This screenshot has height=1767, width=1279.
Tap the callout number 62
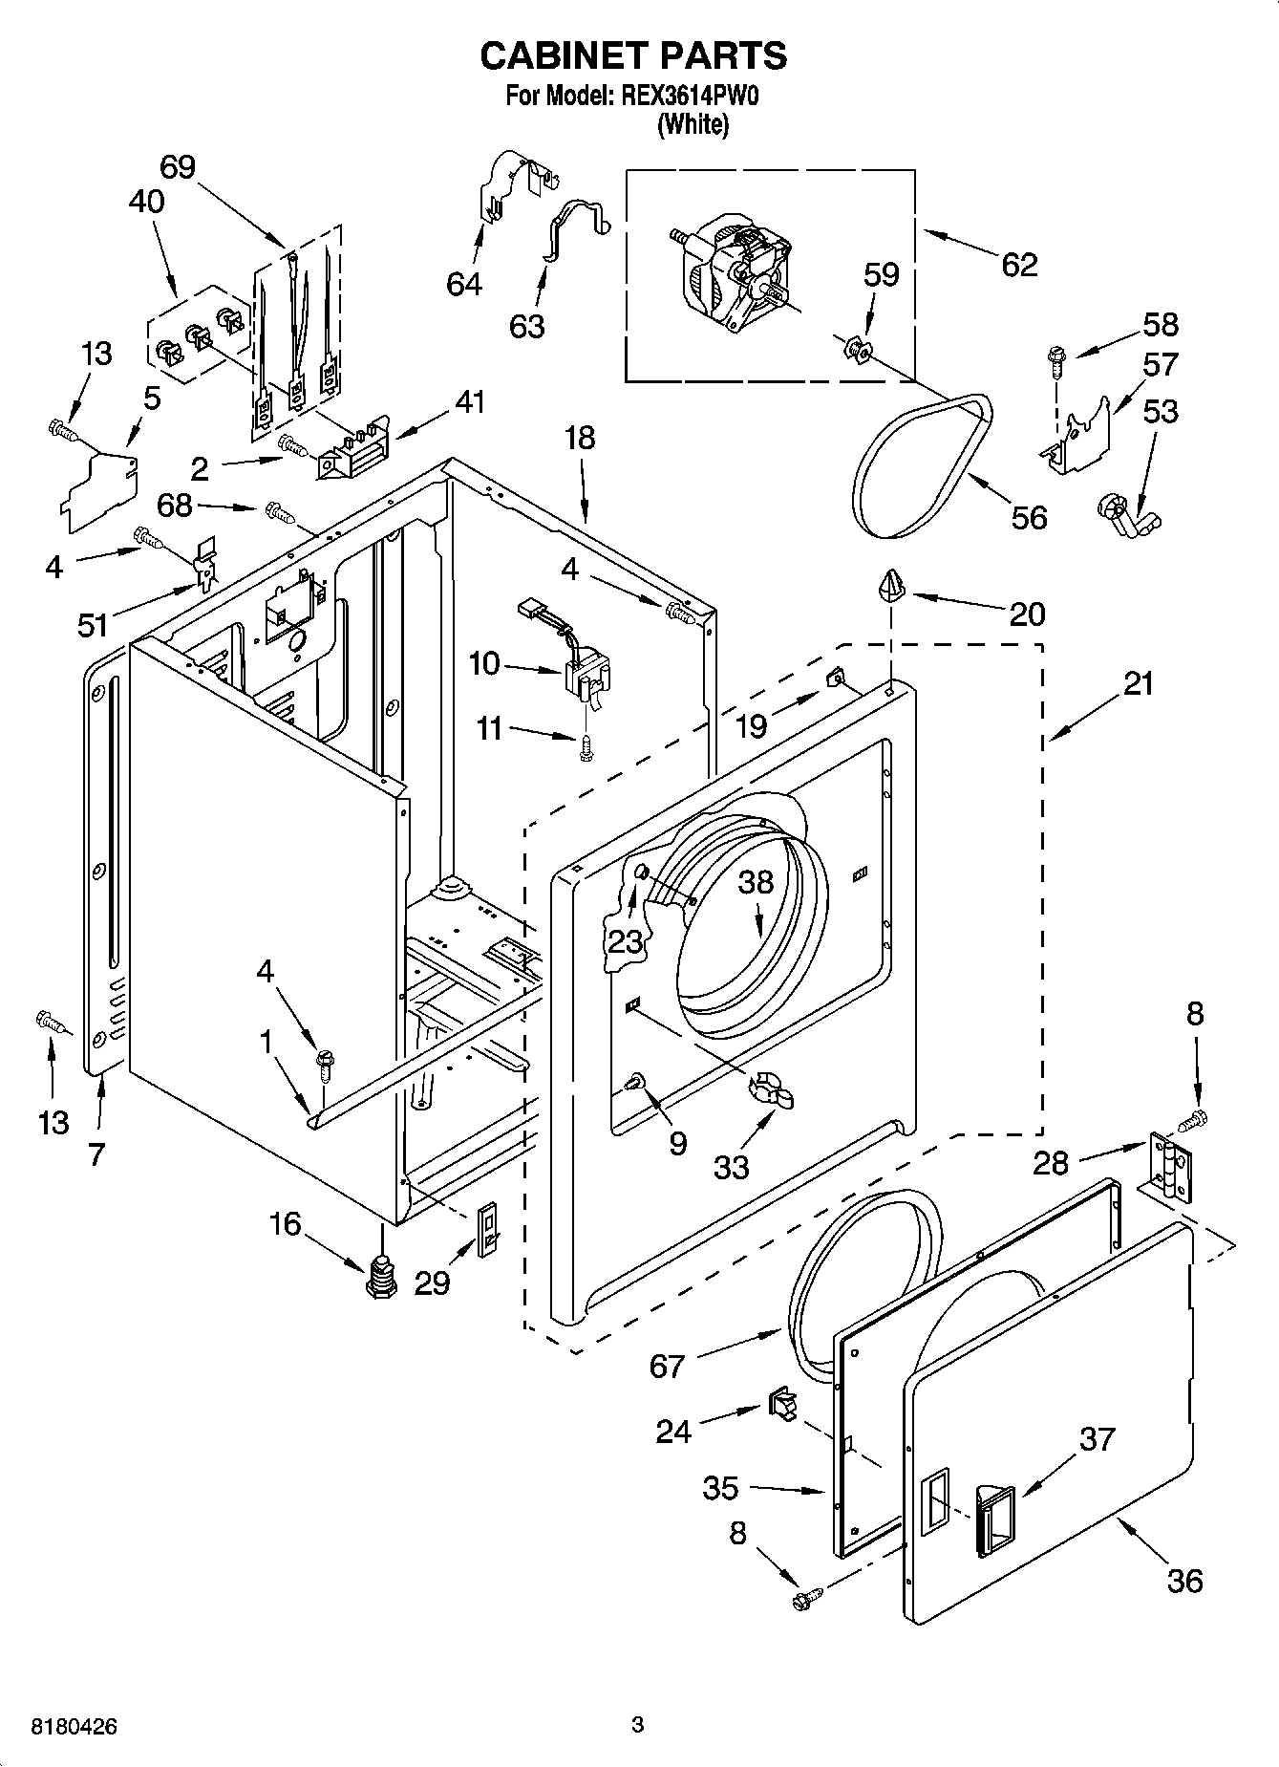(1019, 264)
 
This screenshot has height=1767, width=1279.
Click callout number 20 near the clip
(1027, 613)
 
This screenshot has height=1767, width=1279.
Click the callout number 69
(178, 167)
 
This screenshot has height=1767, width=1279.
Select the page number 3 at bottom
(637, 1725)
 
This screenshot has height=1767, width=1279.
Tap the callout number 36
(1184, 1580)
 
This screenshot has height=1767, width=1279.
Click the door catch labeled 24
(780, 1404)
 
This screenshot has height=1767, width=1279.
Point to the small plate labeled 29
(488, 1227)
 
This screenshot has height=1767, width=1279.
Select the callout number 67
(667, 1366)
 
